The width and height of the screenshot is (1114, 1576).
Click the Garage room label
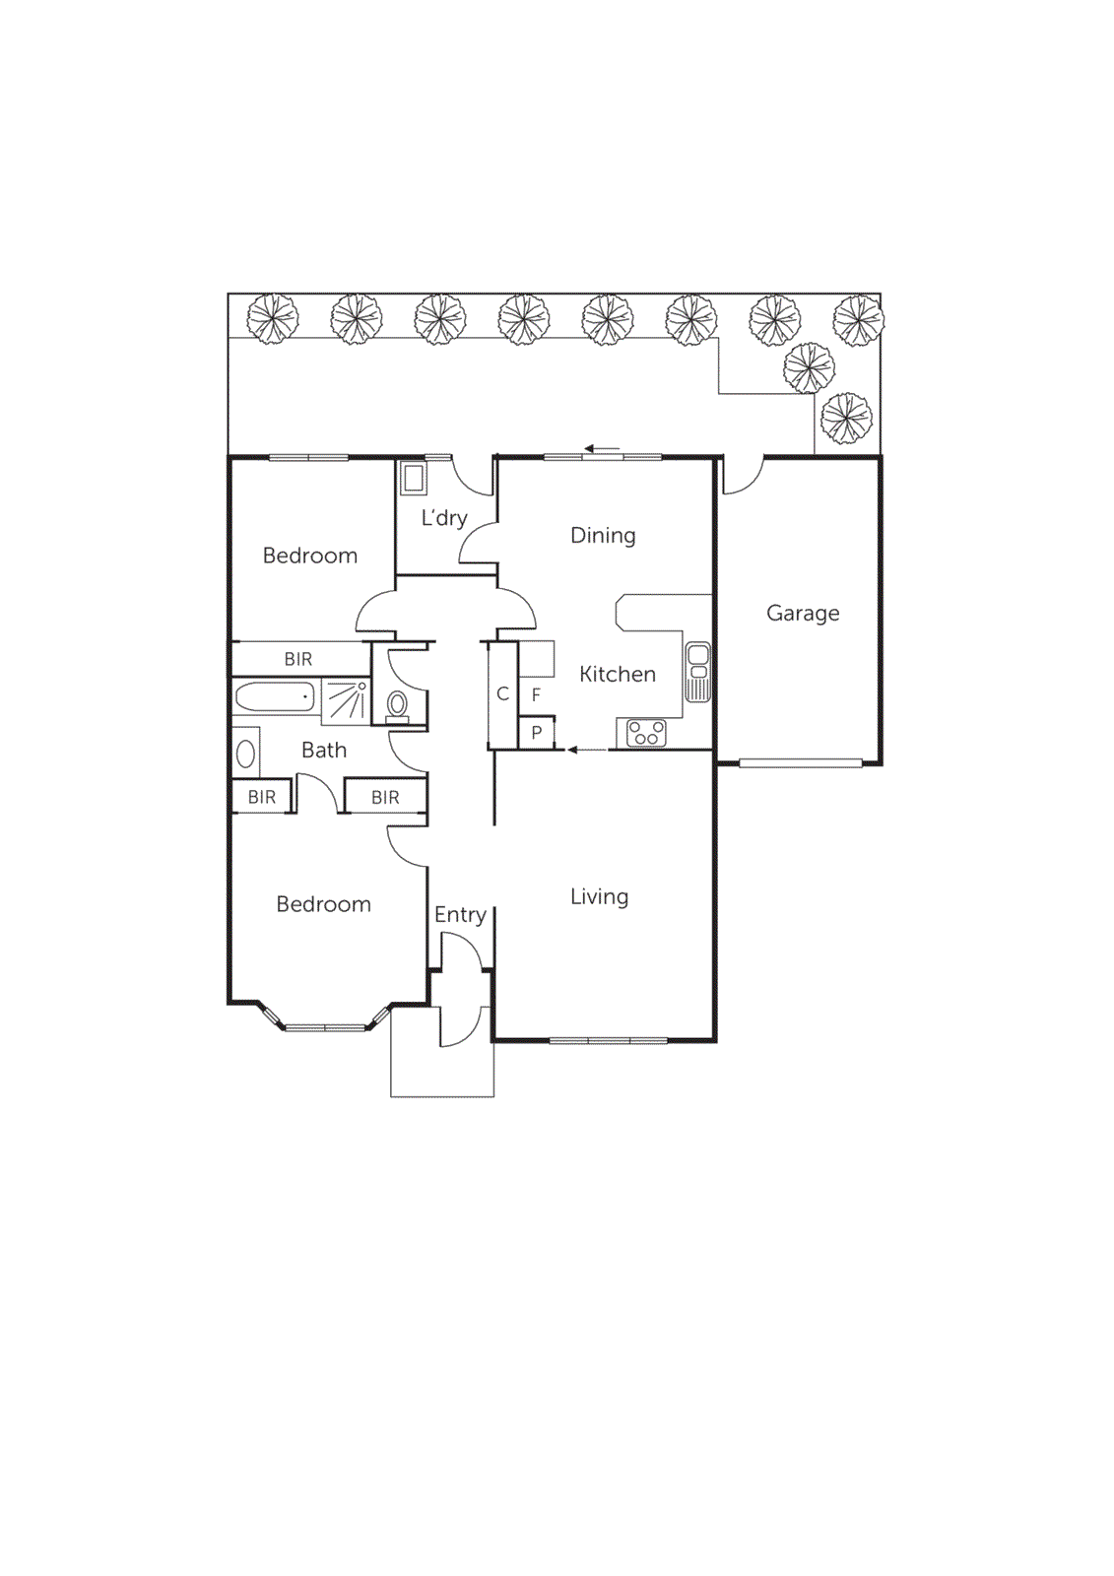click(x=803, y=613)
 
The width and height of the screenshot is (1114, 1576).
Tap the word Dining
click(x=603, y=535)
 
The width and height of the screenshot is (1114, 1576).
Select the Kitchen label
click(x=618, y=674)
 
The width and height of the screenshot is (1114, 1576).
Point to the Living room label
click(x=599, y=896)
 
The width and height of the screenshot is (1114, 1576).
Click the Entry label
click(x=460, y=914)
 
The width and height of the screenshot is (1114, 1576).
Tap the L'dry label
click(x=443, y=517)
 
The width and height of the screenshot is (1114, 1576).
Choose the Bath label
click(x=324, y=750)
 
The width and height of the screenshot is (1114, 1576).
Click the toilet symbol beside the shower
click(x=398, y=704)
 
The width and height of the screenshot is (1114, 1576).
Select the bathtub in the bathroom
click(x=276, y=696)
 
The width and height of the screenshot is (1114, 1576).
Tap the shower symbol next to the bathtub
click(x=345, y=698)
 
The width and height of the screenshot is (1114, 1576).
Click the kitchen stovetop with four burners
click(x=647, y=733)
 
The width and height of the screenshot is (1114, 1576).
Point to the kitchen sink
click(x=697, y=671)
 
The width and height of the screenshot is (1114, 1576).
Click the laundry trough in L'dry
click(x=413, y=480)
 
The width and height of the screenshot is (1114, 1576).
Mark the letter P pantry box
click(x=537, y=733)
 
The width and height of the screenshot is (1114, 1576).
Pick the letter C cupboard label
click(x=502, y=693)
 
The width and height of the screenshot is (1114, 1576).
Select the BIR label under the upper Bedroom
click(x=298, y=659)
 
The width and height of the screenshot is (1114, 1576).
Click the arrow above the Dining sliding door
click(x=602, y=449)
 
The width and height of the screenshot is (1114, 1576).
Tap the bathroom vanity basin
click(x=246, y=755)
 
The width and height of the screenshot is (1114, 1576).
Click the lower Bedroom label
click(x=323, y=904)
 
